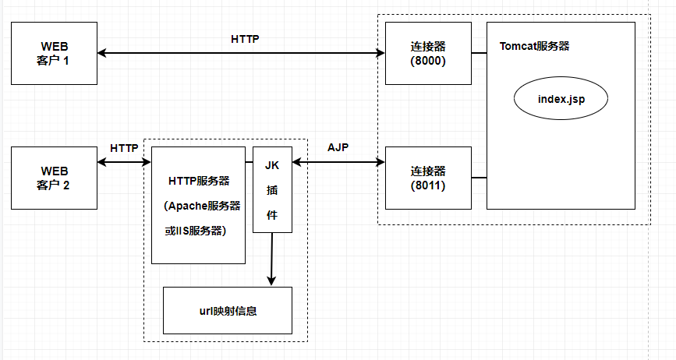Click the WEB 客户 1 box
coord(54,53)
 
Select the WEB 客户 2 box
coord(54,178)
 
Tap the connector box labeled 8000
coord(428,53)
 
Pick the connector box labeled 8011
coord(428,178)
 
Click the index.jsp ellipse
coord(561,100)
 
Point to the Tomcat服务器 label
coord(534,46)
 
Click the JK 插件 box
coord(272,189)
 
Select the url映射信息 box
coord(227,310)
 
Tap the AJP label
coord(338,147)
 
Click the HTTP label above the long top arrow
coord(246,38)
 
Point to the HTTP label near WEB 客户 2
coord(124,147)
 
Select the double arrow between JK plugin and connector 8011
coord(338,162)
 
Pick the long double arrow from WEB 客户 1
coord(241,53)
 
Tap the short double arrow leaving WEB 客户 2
coord(124,162)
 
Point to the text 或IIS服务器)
coord(198,231)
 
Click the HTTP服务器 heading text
coord(198,181)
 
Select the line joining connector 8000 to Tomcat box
coord(479,53)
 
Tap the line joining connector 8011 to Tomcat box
coord(479,178)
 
